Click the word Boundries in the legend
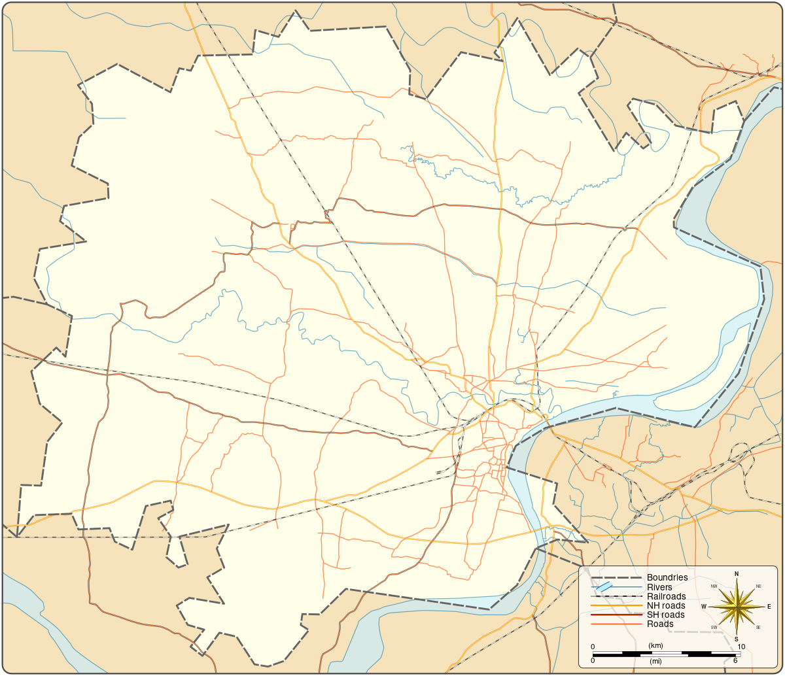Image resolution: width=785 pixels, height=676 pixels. coord(667,577)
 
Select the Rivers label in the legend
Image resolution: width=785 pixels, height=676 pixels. coord(659,587)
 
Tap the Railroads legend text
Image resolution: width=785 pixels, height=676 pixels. coord(667,596)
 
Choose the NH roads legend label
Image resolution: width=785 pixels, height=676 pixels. coord(667,605)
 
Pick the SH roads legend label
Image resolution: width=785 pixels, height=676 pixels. coord(666,615)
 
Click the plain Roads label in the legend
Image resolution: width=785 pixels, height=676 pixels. coord(660,624)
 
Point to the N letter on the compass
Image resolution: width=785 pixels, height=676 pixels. coord(737,574)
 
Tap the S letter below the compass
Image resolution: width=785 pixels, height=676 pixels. coord(737,639)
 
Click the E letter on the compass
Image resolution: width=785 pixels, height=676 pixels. coord(769,607)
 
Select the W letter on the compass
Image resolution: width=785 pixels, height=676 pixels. coord(704,607)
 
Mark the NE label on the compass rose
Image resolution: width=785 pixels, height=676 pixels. coord(758,586)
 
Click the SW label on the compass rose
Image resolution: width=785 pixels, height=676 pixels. coord(714,628)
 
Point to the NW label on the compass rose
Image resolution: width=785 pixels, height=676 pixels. coord(714,586)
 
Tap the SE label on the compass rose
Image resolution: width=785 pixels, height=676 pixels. coord(758,628)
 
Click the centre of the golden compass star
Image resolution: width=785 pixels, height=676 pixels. coord(737,607)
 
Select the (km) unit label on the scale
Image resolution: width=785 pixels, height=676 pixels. coord(656,646)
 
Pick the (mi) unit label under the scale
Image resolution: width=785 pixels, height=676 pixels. coord(656,662)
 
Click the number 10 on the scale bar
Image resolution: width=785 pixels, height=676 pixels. coord(741,647)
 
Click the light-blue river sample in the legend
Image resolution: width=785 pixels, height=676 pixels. coord(604,587)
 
